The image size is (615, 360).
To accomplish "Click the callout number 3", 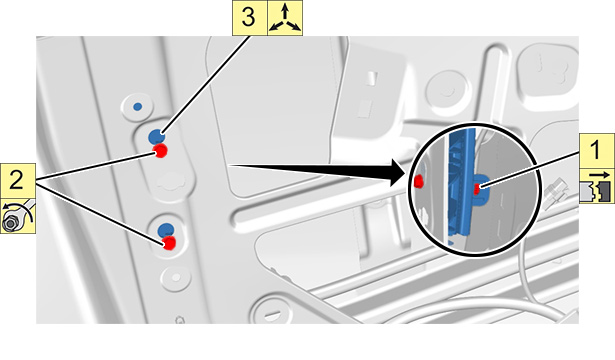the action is (248, 18).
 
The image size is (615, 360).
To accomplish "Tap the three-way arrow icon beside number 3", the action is (285, 18).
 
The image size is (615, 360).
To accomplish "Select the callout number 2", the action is (16, 181).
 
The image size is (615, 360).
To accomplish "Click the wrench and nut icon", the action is (18, 216).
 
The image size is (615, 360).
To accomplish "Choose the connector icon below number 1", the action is (597, 186).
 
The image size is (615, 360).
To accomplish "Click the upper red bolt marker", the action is (160, 151).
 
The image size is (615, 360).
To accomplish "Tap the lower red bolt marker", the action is (169, 243).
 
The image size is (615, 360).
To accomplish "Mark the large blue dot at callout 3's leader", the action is (156, 136).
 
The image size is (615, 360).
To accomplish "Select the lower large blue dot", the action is (165, 230).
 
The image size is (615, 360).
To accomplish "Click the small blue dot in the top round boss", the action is (137, 106).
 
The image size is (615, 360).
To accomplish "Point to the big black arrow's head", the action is (400, 172).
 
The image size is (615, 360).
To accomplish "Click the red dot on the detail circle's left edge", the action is (419, 181).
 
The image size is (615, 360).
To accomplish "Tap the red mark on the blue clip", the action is (477, 189).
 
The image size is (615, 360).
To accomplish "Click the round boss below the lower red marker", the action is (176, 278).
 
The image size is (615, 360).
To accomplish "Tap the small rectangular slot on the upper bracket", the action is (371, 78).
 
